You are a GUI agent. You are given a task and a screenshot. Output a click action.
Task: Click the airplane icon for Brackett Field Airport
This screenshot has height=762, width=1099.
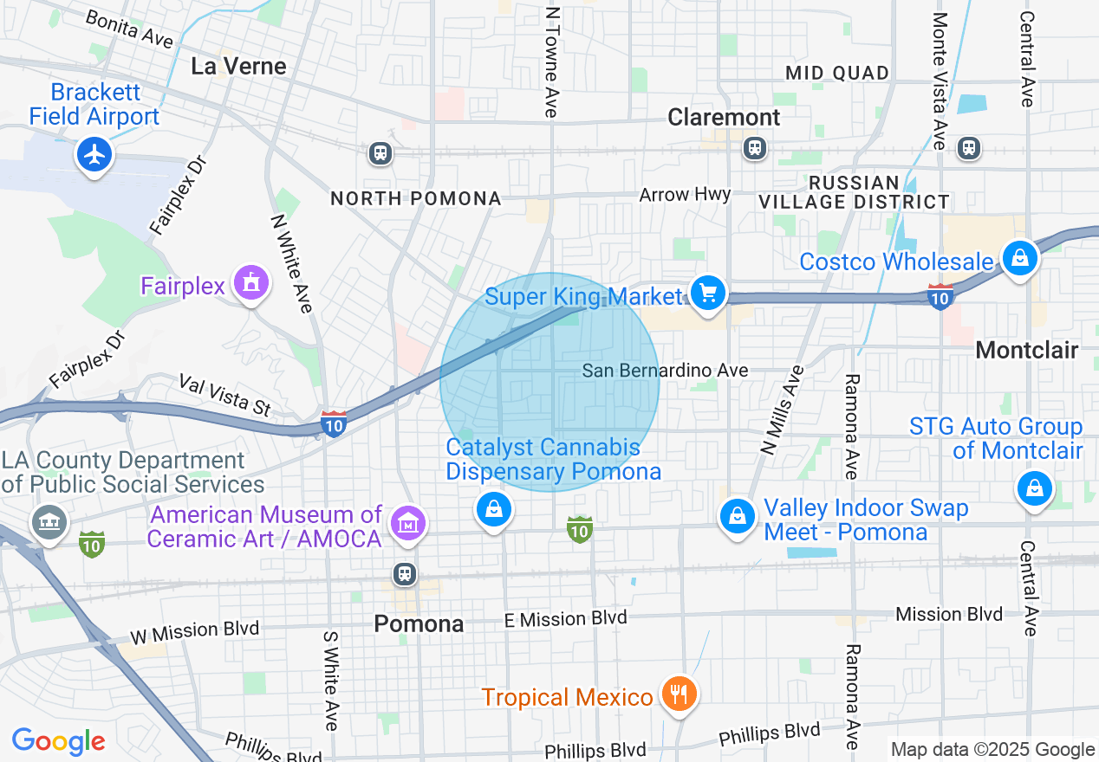coord(94,156)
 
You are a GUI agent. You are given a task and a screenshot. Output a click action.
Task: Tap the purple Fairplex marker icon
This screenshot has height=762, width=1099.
coord(251,282)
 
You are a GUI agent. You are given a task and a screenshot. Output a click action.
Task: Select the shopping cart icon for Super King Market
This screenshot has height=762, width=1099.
coord(708,293)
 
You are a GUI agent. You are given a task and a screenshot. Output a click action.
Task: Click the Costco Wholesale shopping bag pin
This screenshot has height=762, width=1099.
coord(1020,258)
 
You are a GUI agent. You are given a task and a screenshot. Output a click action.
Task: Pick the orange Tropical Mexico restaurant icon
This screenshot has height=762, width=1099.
coord(680,694)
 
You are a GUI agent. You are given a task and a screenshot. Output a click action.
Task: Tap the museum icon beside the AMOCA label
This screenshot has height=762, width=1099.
coord(407,523)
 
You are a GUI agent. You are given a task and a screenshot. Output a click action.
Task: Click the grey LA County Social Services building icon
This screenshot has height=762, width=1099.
coord(49,521)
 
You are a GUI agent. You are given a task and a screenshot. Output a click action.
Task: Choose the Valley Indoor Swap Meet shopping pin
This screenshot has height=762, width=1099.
coord(737,516)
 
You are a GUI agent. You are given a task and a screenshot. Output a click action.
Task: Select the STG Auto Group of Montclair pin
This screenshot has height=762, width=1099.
coord(1034,488)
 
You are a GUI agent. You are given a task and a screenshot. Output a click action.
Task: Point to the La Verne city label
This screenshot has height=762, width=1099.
coord(238,67)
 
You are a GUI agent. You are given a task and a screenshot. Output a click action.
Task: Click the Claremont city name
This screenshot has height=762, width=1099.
coord(724,117)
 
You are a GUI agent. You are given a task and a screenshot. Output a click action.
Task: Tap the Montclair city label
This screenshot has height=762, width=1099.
coord(1026,350)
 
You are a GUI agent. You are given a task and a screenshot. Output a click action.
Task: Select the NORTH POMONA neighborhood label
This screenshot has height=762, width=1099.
coord(416,198)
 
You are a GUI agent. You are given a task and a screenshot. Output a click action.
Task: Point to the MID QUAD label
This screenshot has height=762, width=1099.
coord(837,73)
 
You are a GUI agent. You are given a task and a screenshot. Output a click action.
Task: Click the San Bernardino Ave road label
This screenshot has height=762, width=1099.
coord(665,371)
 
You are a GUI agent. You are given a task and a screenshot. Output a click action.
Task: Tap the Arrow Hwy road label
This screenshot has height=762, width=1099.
coord(685,195)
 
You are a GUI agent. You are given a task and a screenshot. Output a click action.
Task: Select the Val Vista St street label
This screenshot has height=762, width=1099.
coord(224,394)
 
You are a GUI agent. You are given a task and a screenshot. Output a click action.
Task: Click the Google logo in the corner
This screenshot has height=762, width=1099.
coord(58,741)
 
